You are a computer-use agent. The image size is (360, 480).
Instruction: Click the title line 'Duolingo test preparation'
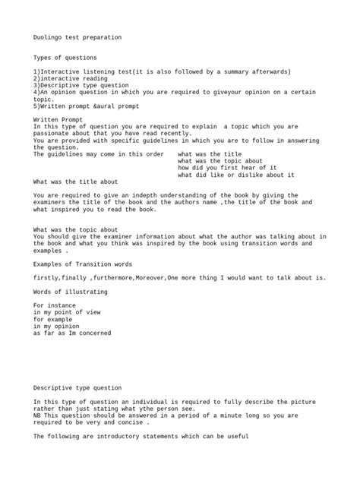77,37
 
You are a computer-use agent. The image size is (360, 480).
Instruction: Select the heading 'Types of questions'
65,58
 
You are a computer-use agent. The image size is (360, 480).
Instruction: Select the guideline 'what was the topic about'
221,160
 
